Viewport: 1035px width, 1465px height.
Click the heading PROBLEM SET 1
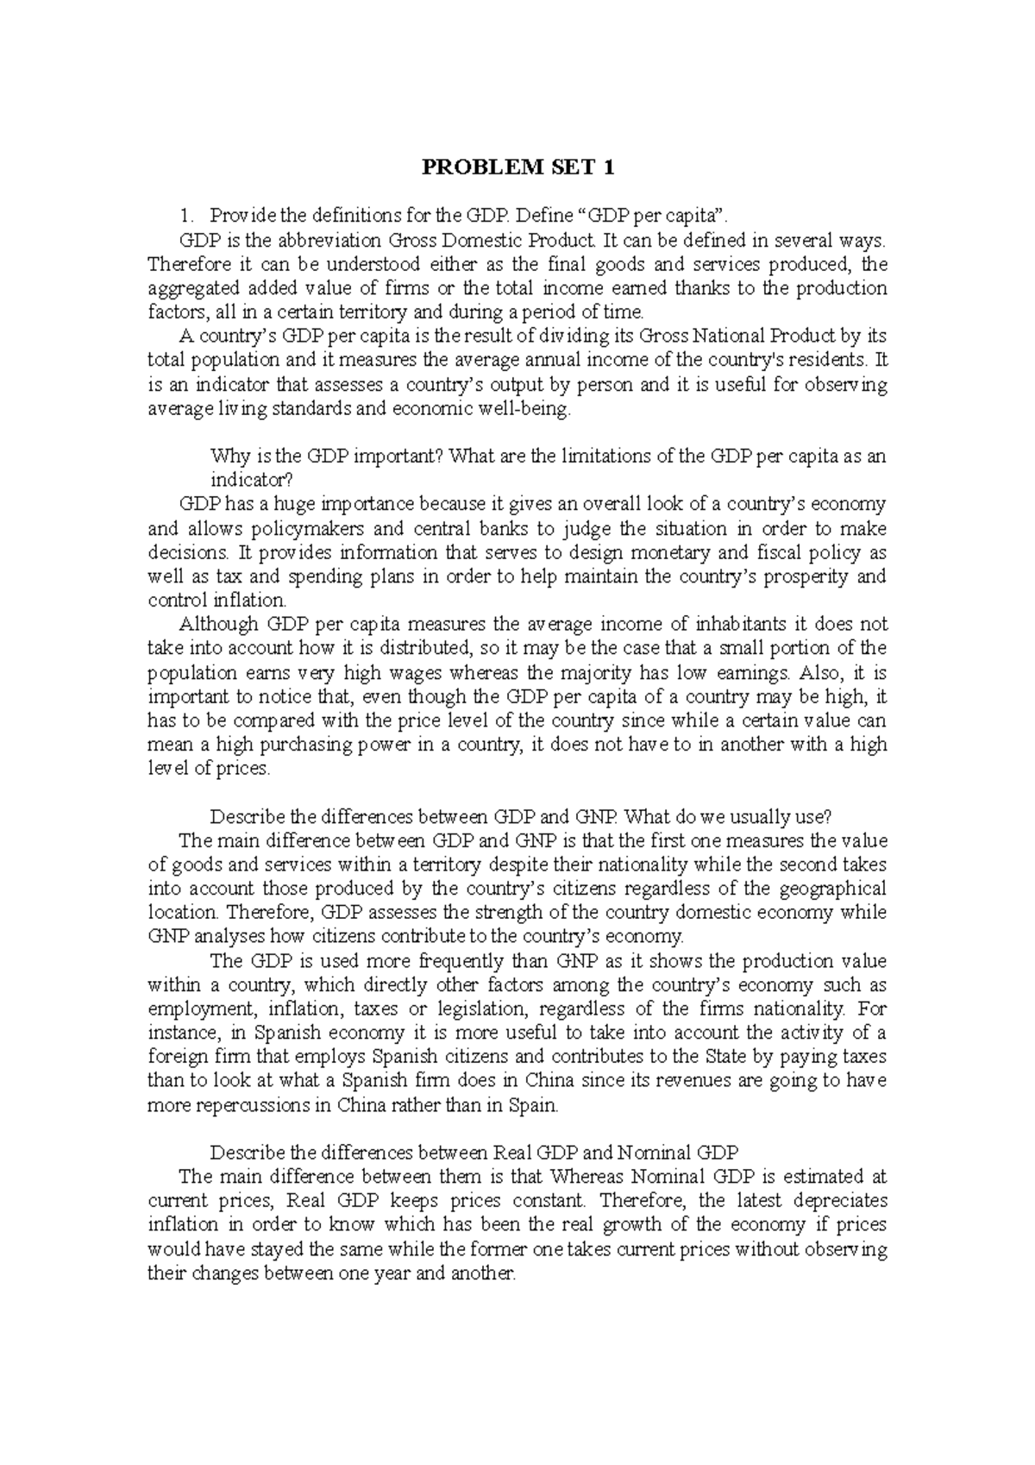(x=517, y=167)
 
